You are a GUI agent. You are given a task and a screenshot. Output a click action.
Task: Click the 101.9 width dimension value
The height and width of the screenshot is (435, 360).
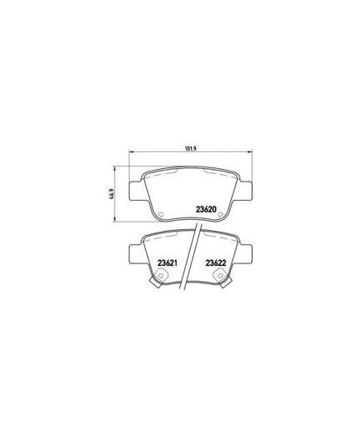click(191, 149)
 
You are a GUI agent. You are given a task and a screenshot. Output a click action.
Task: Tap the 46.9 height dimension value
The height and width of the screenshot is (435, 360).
click(112, 194)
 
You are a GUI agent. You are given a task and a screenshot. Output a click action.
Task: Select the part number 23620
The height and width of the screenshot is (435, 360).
click(206, 209)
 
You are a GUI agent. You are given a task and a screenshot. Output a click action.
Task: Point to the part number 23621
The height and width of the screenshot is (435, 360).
click(167, 263)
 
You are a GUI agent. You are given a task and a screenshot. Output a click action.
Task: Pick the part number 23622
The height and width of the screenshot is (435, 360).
click(215, 263)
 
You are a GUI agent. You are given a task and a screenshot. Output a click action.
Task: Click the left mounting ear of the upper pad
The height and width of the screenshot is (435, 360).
click(136, 191)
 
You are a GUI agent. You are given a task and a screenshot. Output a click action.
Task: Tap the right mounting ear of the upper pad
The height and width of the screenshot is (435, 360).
click(245, 191)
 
